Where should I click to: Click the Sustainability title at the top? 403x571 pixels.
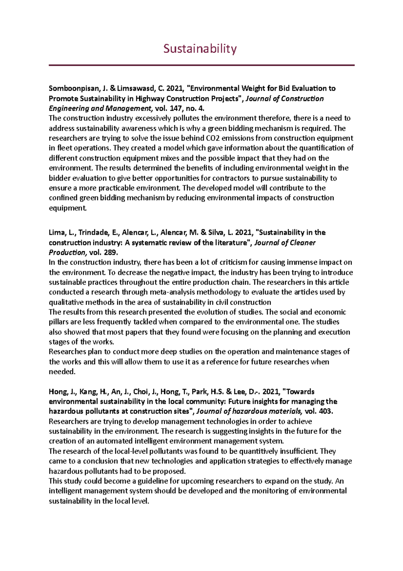tap(200, 49)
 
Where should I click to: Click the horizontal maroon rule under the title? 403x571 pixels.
tap(201, 65)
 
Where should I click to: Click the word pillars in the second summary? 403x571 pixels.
tap(58, 322)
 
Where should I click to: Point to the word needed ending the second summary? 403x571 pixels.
tap(61, 372)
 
